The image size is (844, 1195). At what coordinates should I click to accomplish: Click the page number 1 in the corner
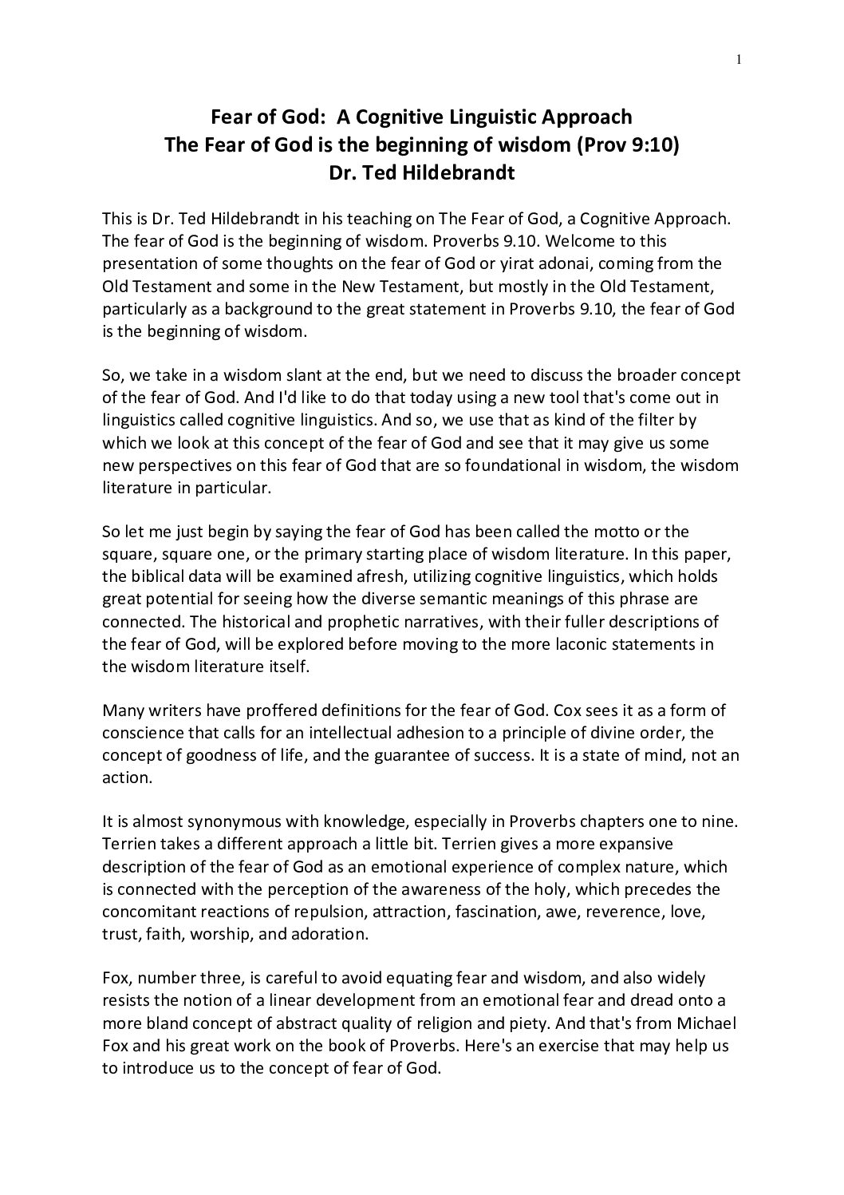pyautogui.click(x=739, y=58)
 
